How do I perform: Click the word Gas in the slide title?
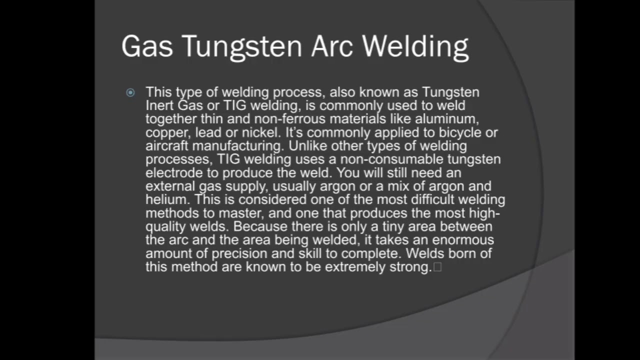[147, 46]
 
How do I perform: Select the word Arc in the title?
[332, 46]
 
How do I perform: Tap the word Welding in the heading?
[415, 47]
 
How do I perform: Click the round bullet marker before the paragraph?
[130, 92]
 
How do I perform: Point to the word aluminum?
[447, 119]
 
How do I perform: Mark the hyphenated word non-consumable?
[389, 159]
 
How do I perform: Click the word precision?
[237, 253]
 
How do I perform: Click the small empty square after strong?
[437, 267]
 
